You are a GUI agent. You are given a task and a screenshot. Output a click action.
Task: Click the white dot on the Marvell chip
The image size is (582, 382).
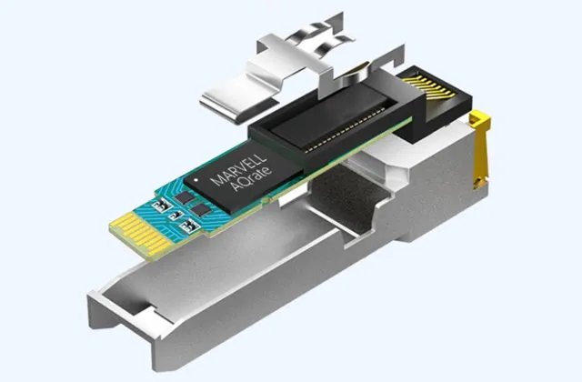(196, 180)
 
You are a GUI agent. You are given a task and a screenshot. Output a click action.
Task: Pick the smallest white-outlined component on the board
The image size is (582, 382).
(176, 216)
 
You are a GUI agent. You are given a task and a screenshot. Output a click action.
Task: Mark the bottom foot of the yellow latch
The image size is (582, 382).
(481, 182)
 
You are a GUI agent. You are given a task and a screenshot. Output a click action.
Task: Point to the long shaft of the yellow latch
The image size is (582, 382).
(481, 152)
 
